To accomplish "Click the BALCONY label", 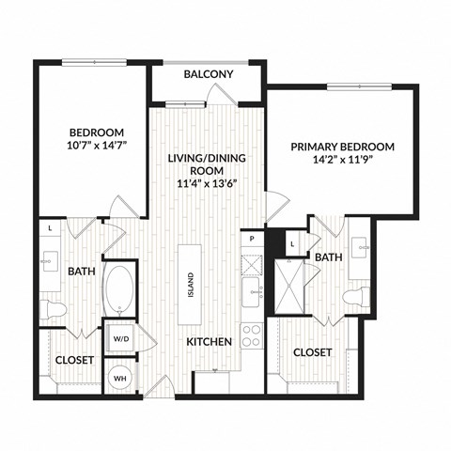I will pyautogui.click(x=209, y=74).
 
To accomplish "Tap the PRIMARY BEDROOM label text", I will pyautogui.click(x=342, y=147).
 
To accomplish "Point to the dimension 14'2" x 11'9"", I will pyautogui.click(x=342, y=162).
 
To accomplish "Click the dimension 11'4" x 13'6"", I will pyautogui.click(x=207, y=183).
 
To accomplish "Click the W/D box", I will pyautogui.click(x=120, y=338).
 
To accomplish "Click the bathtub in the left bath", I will pyautogui.click(x=119, y=291).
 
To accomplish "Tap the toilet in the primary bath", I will pyautogui.click(x=354, y=297).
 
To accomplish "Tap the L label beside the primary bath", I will pyautogui.click(x=292, y=244).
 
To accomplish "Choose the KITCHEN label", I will pyautogui.click(x=209, y=342).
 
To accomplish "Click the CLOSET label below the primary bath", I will pyautogui.click(x=312, y=352).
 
